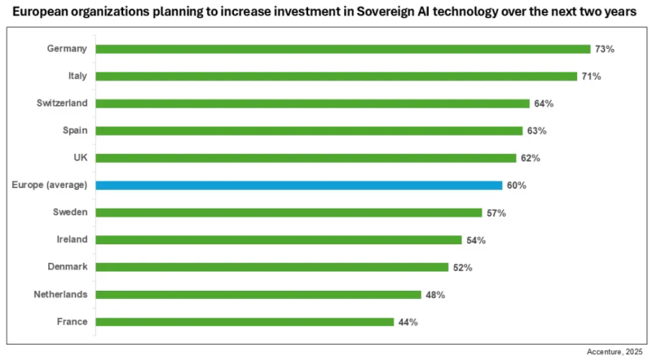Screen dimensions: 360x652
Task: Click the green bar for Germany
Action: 342,49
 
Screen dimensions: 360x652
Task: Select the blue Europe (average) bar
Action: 298,185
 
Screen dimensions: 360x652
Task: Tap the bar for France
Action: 244,322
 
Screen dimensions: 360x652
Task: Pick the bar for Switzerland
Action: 313,103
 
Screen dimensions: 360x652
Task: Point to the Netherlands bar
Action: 258,294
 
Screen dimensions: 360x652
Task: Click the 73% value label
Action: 604,49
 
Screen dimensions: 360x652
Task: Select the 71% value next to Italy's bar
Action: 591,77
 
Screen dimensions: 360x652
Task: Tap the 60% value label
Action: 516,185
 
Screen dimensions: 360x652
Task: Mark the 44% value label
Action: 407,322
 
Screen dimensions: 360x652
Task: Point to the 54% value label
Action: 476,240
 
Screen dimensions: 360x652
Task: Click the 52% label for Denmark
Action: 462,267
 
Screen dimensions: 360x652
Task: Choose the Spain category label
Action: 75,130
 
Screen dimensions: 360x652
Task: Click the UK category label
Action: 80,158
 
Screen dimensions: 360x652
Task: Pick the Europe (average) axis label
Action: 50,185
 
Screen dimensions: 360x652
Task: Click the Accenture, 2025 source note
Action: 615,351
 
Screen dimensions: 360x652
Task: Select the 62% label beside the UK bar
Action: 530,158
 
